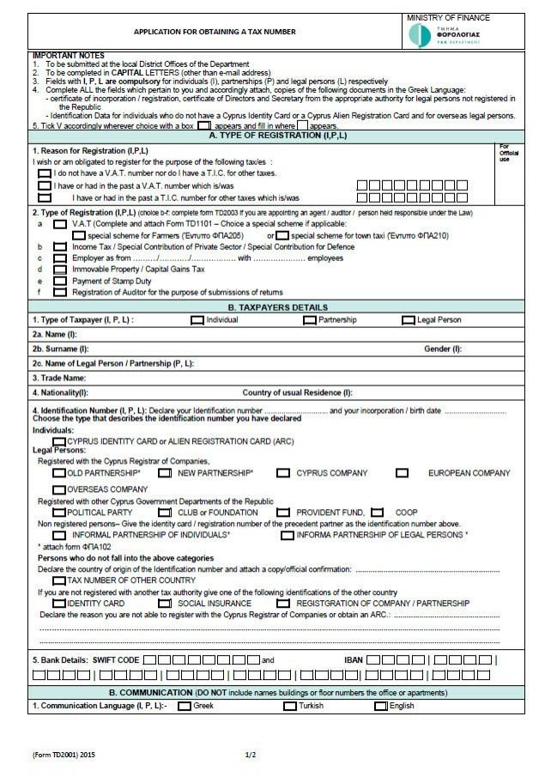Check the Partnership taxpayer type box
(x=310, y=320)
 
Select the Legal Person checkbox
(x=409, y=320)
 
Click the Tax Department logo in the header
(x=419, y=35)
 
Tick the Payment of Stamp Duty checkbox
(x=59, y=281)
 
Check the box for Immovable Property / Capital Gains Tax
(x=59, y=270)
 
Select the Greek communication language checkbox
(x=185, y=706)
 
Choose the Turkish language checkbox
(x=290, y=706)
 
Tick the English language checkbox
(x=381, y=706)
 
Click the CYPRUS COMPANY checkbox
(x=283, y=473)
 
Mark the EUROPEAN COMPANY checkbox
(x=402, y=473)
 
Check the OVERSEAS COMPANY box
(x=58, y=489)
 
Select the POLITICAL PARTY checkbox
(x=58, y=513)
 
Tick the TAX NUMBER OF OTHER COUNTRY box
(x=58, y=580)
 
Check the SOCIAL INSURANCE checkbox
(x=165, y=604)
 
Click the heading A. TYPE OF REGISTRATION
(x=266, y=136)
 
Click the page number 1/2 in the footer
(x=251, y=755)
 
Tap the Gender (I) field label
(x=443, y=349)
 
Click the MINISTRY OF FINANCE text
(x=448, y=17)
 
